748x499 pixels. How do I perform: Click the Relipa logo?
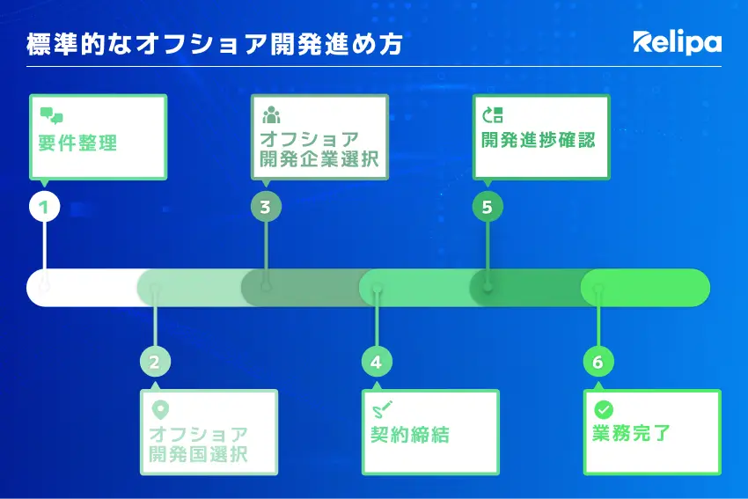[x=677, y=42]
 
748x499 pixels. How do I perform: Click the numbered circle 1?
[x=44, y=207]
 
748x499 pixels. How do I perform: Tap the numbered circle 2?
[x=155, y=362]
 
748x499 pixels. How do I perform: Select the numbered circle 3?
[x=266, y=207]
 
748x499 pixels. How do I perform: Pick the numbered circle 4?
[x=377, y=362]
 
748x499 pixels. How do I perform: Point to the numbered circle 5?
[x=488, y=207]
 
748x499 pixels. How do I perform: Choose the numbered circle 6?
[x=598, y=362]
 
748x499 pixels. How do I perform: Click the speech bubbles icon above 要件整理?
[x=51, y=115]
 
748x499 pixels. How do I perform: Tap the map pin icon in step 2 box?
[x=160, y=410]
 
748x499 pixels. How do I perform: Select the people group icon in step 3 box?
[x=271, y=114]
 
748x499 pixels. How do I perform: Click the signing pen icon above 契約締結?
[x=382, y=409]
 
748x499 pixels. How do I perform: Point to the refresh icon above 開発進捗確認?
[x=493, y=115]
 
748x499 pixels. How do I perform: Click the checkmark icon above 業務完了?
[x=604, y=409]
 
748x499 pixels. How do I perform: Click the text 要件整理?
[x=77, y=143]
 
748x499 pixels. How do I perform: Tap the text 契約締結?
[x=410, y=435]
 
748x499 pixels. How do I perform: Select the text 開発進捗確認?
[x=538, y=140]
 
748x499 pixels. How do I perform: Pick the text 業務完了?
[x=631, y=433]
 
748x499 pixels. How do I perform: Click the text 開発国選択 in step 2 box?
[x=198, y=454]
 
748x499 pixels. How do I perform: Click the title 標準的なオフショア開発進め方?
[x=215, y=44]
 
